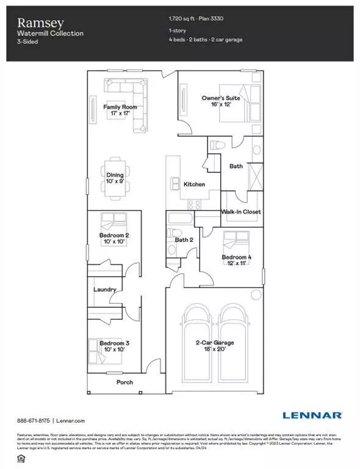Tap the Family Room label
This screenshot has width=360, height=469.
point(120,107)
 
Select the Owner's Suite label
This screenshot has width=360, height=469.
point(221,98)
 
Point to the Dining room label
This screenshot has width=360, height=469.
point(115,175)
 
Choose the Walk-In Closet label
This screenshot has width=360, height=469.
point(241,212)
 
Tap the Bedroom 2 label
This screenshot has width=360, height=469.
point(114,235)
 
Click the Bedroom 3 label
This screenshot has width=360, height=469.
point(114,343)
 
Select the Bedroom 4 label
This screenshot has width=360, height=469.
point(236,257)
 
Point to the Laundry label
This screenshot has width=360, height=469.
point(105,289)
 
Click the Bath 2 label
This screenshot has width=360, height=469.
point(184,240)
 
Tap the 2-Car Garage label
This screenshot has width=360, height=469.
point(214,343)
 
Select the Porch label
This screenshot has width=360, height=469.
point(124,382)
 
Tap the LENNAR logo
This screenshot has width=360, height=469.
point(311,416)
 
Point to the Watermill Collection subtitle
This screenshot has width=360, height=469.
point(50,33)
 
